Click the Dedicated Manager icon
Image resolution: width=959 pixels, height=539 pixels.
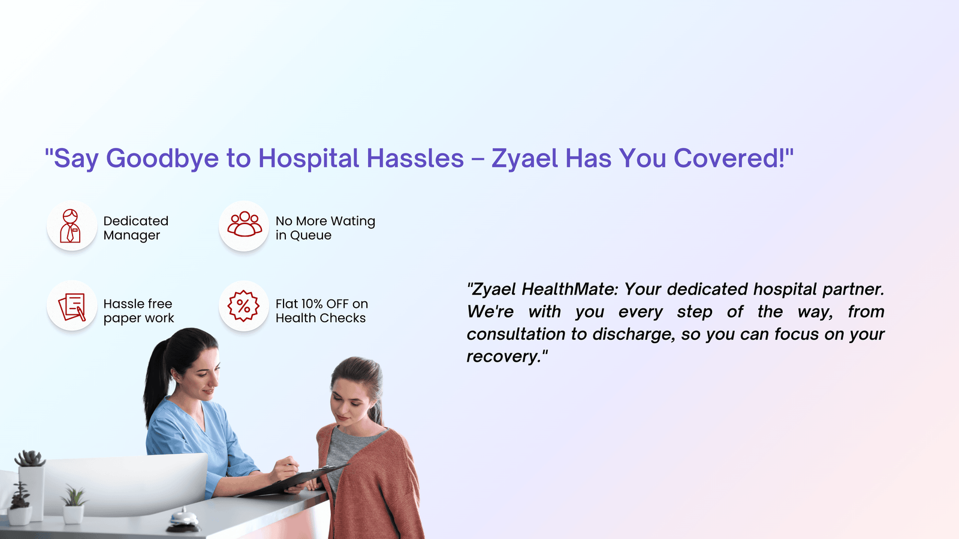click(70, 226)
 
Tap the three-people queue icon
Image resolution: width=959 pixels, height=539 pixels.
click(244, 224)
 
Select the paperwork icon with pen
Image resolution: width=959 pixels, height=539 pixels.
click(72, 307)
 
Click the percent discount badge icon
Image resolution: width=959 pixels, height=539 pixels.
click(243, 306)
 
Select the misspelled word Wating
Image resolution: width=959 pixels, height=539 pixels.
click(353, 221)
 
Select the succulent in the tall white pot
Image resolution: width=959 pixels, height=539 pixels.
click(30, 459)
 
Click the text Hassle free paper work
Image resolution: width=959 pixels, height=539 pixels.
click(138, 311)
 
